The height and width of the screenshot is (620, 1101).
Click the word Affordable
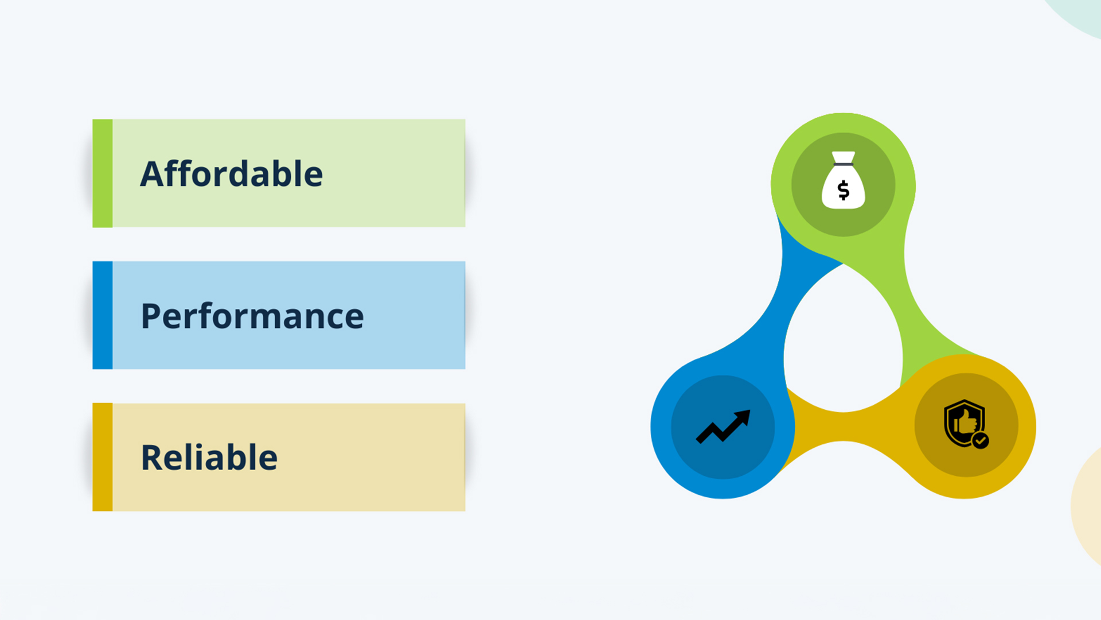[232, 173]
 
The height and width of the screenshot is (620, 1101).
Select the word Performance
[252, 316]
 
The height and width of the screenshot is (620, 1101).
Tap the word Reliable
[209, 457]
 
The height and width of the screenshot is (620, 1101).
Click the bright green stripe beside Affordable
[103, 173]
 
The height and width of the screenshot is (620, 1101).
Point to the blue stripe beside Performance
[103, 315]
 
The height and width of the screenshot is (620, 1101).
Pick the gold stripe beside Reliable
[103, 457]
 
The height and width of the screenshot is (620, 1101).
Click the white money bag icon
[844, 180]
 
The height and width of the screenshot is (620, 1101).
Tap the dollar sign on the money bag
[844, 190]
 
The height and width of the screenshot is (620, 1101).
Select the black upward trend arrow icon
[723, 427]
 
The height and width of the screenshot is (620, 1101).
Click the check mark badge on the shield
[981, 440]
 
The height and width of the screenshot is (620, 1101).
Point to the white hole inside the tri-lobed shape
[843, 344]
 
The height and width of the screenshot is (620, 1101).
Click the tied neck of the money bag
[844, 164]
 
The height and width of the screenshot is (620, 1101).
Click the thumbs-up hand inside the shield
[966, 422]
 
